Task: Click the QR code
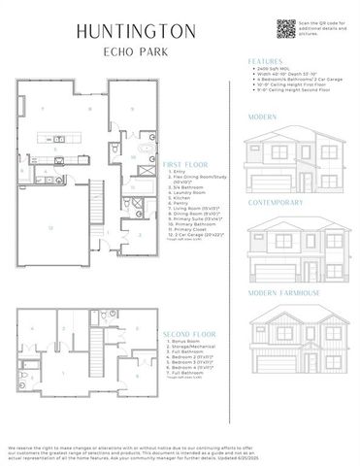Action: (284, 28)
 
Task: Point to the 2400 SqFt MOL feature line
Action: (278, 72)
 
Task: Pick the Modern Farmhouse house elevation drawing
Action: (291, 335)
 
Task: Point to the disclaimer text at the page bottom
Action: (180, 448)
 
